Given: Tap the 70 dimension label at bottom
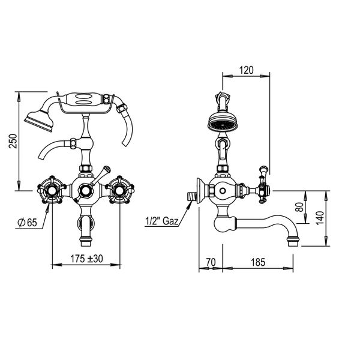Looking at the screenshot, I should click(210, 262).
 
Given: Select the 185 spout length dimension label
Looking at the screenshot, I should click(258, 262).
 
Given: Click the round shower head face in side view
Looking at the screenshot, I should click(221, 124).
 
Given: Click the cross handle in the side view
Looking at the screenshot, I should click(262, 190).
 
